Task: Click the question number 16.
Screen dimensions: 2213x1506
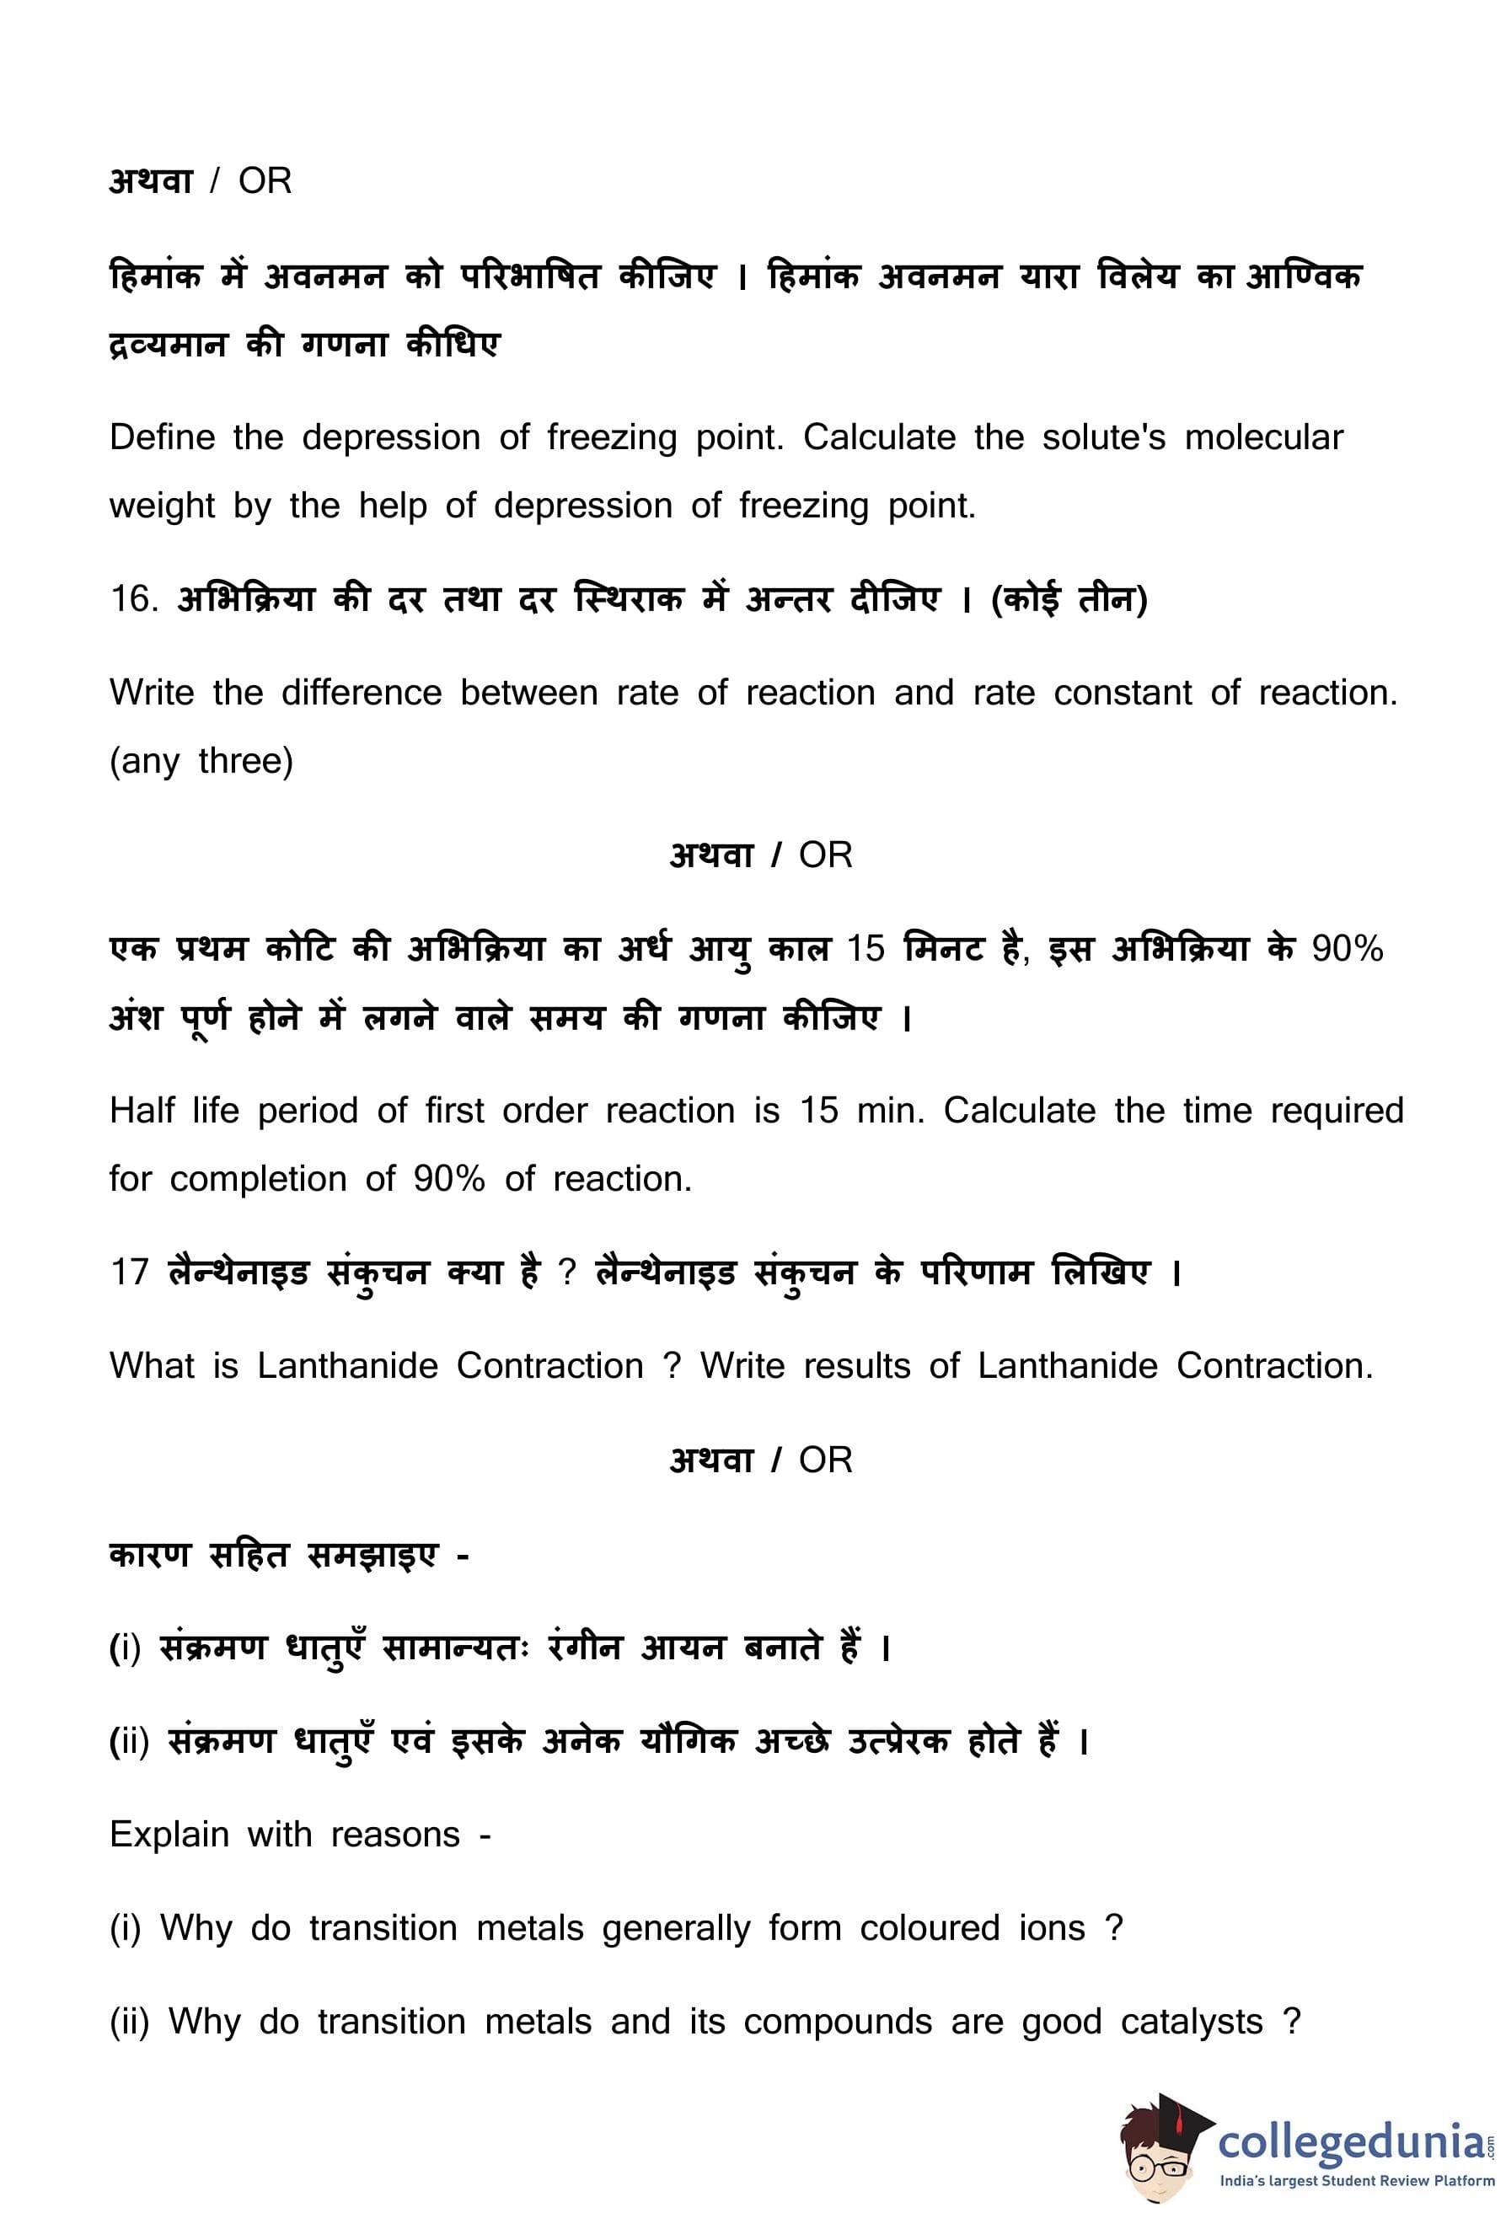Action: pyautogui.click(x=131, y=599)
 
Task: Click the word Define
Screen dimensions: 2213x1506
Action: pyautogui.click(x=162, y=437)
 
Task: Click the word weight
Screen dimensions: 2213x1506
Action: pyautogui.click(x=162, y=506)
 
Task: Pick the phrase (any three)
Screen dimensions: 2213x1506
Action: pyautogui.click(x=201, y=761)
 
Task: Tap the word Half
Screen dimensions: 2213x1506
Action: pyautogui.click(x=142, y=1111)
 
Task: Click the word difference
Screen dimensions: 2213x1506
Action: pyautogui.click(x=361, y=692)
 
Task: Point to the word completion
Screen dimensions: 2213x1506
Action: pyautogui.click(x=258, y=1179)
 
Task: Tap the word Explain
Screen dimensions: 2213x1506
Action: pyautogui.click(x=169, y=1834)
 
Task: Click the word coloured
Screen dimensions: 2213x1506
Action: pyautogui.click(x=929, y=1927)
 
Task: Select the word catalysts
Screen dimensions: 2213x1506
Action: pyautogui.click(x=1191, y=2021)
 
